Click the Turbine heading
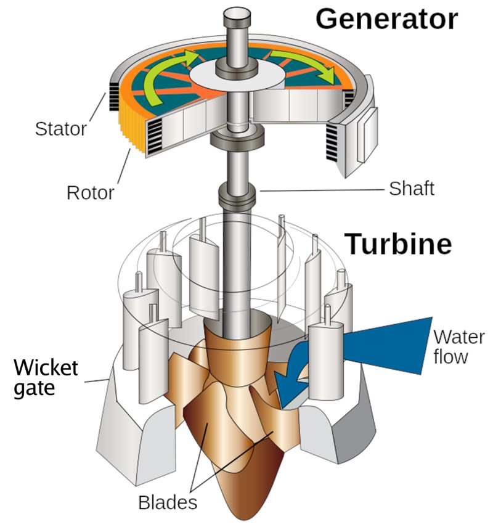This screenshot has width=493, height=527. [397, 244]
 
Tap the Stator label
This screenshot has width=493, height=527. [60, 129]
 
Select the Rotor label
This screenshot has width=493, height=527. [90, 192]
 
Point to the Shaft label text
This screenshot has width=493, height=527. [411, 188]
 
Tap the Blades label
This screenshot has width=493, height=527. [167, 502]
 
